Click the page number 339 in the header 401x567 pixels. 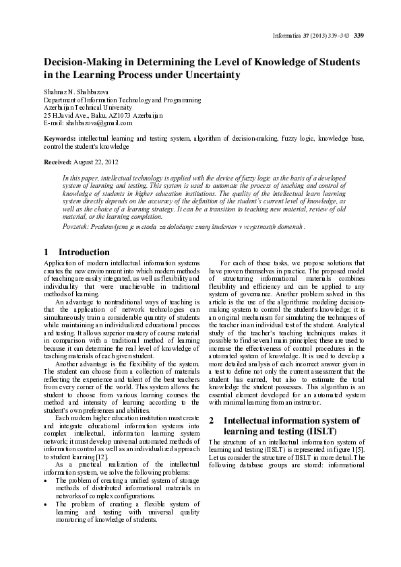359,36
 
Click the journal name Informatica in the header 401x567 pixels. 284,36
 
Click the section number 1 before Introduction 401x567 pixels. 45,252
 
